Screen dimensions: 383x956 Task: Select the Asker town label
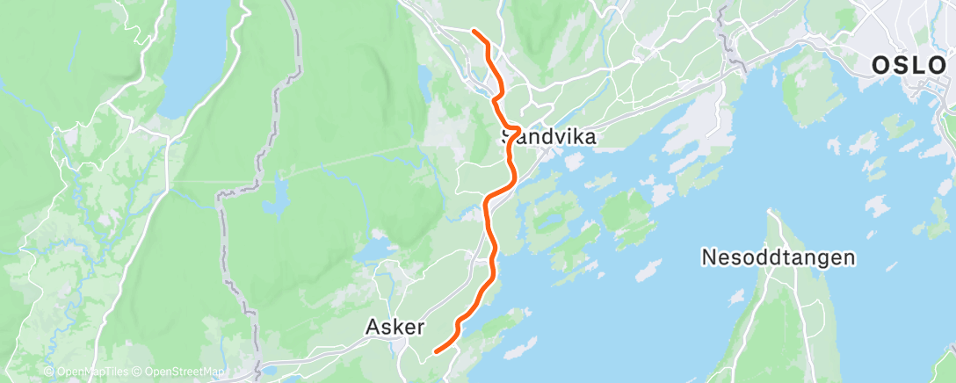tap(395, 327)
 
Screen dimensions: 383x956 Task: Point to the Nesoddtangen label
tap(779, 257)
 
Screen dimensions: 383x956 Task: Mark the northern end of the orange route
tap(474, 32)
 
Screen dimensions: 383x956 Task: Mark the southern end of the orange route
tap(437, 351)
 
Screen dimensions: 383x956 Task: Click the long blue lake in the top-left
tap(192, 61)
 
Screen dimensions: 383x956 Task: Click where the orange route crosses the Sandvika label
tap(511, 138)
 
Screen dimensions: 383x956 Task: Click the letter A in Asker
tap(373, 327)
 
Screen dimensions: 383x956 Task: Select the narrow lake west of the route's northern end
tap(425, 84)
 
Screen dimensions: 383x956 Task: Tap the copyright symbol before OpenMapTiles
tap(49, 372)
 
